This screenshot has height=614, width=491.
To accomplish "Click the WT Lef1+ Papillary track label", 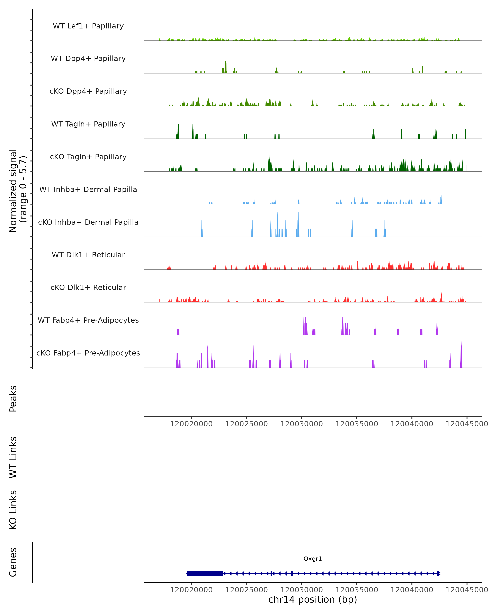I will point(88,26).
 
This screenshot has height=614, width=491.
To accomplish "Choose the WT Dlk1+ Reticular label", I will point(88,255).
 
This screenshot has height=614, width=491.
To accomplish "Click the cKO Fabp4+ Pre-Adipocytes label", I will point(88,353).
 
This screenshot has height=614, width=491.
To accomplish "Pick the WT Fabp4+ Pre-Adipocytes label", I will point(88,320).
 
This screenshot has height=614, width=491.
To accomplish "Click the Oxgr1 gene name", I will point(313,559).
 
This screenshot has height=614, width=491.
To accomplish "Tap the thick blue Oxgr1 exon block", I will point(205,573).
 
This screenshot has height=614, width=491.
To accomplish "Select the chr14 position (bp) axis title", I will point(313,599).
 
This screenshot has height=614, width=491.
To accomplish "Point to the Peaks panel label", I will point(13,398).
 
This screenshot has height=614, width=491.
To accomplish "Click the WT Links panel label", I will point(13,457).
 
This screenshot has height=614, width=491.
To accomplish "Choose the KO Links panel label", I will point(13,510).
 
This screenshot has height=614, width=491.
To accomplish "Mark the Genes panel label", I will point(13,562).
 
